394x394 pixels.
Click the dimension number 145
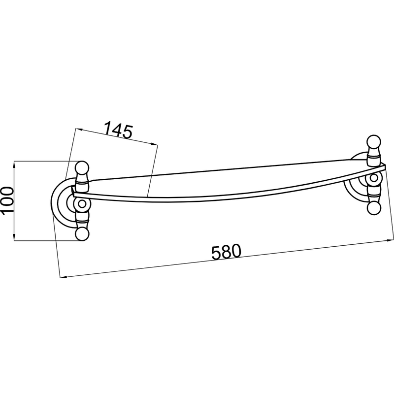[x=118, y=130]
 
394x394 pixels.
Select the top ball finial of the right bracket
[x=374, y=142]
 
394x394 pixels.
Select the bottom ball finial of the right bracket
[x=374, y=208]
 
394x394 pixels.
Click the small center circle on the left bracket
[x=82, y=204]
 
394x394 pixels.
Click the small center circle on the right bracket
[x=374, y=178]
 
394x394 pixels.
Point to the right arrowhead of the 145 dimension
[x=155, y=144]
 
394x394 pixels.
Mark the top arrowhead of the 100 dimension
[x=14, y=164]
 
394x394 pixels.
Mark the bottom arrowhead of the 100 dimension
[x=14, y=237]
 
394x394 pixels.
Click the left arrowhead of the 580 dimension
[x=64, y=277]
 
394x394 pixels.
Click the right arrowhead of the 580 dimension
[x=390, y=240]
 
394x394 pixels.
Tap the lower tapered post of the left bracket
[x=82, y=217]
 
